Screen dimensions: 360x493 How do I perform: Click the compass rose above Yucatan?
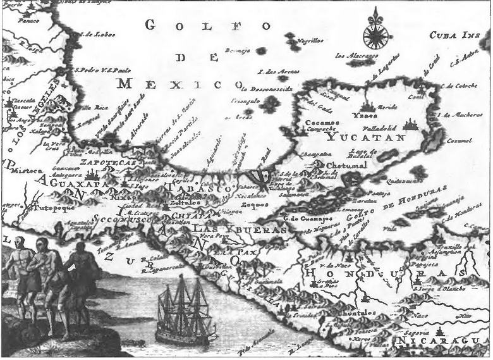click(375, 30)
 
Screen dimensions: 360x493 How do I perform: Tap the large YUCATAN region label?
click(354, 135)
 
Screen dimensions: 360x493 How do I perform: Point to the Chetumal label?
click(346, 166)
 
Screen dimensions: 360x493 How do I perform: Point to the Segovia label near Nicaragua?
click(423, 332)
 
